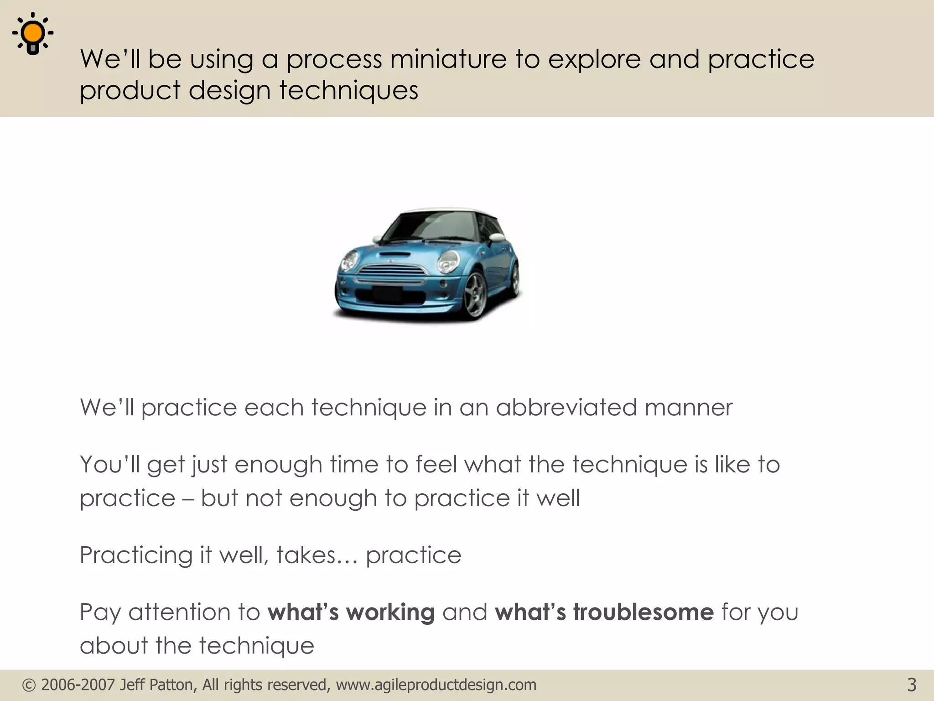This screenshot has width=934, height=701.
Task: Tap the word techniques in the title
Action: click(x=349, y=90)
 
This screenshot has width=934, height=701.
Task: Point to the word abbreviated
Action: click(x=566, y=407)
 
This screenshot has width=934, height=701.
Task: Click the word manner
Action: click(x=688, y=408)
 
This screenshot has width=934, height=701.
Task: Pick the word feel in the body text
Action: click(x=436, y=464)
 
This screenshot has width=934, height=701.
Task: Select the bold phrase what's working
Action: click(x=351, y=612)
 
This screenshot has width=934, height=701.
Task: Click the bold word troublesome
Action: click(x=643, y=612)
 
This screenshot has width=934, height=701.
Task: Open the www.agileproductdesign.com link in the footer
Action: click(x=436, y=685)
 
